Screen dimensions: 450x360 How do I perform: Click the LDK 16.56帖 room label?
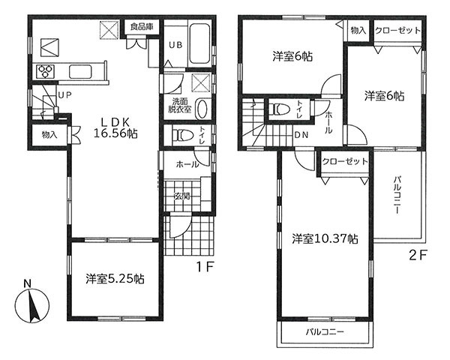[x=116, y=128]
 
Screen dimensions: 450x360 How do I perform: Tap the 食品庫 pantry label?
[x=142, y=27]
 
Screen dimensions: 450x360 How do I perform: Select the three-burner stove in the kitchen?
[x=45, y=71]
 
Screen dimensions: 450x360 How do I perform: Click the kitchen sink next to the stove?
[x=80, y=71]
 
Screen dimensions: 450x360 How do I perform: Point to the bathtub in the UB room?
[x=199, y=43]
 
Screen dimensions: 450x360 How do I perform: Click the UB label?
[x=175, y=45]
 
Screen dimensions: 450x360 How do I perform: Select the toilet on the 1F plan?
[x=183, y=135]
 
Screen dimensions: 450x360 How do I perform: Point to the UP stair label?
[x=64, y=95]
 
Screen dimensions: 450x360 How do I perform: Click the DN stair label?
[x=302, y=135]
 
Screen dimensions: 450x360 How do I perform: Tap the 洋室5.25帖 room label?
[x=115, y=279]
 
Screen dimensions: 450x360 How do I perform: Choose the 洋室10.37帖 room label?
[x=325, y=238]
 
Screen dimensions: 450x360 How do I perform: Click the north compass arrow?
[x=34, y=306]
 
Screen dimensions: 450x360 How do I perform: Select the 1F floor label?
[x=205, y=267]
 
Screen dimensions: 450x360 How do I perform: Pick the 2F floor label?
[x=418, y=255]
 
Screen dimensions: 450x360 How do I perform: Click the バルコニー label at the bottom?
[x=325, y=332]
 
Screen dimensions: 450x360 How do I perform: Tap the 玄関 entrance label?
[x=182, y=196]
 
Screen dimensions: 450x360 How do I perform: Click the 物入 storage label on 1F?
[x=49, y=134]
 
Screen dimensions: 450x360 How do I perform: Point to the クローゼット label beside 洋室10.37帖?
[x=345, y=161]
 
